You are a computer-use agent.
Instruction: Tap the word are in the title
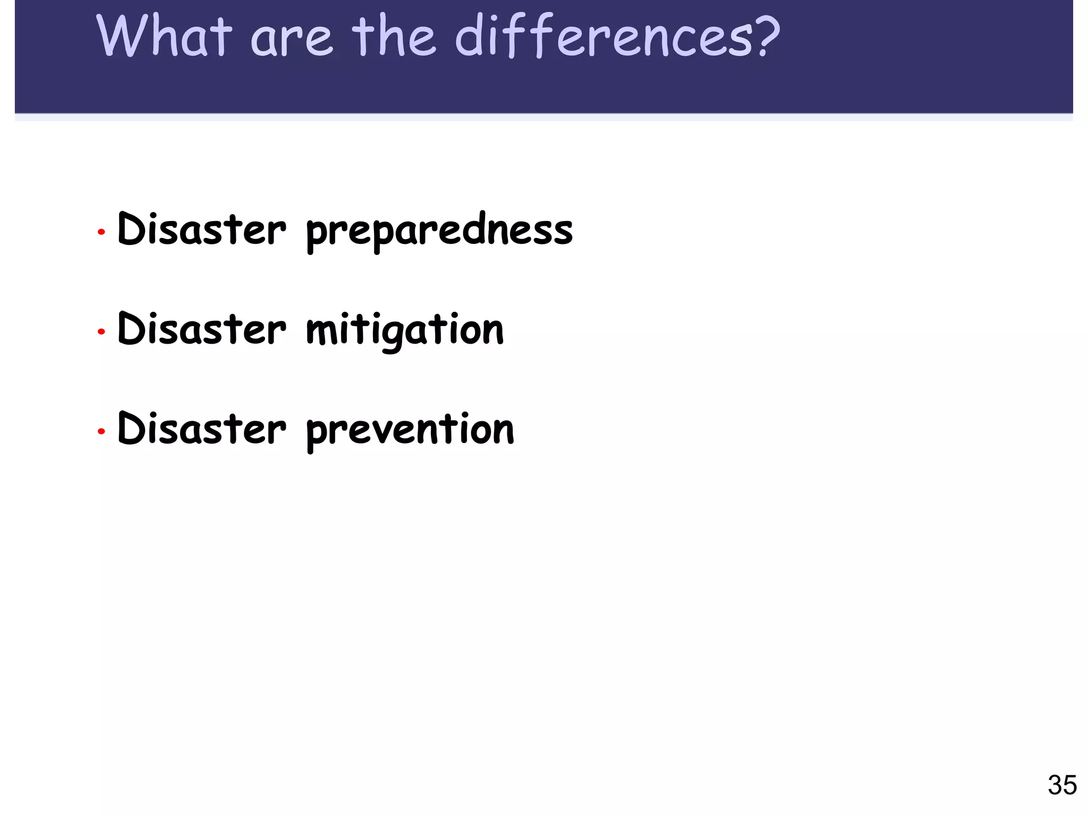click(x=291, y=39)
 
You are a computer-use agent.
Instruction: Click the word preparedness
click(x=439, y=232)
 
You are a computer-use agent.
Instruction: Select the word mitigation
click(x=405, y=330)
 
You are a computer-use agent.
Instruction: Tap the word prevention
click(x=410, y=430)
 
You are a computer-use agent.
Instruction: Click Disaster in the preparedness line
click(x=202, y=229)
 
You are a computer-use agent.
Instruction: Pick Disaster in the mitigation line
click(x=202, y=329)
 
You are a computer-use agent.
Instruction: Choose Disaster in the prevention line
click(x=202, y=429)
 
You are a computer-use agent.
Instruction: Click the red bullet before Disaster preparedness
click(x=101, y=232)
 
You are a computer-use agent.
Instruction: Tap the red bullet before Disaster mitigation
click(x=101, y=332)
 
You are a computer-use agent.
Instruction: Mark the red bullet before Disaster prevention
click(x=101, y=431)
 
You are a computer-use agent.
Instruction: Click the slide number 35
click(x=1062, y=785)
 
